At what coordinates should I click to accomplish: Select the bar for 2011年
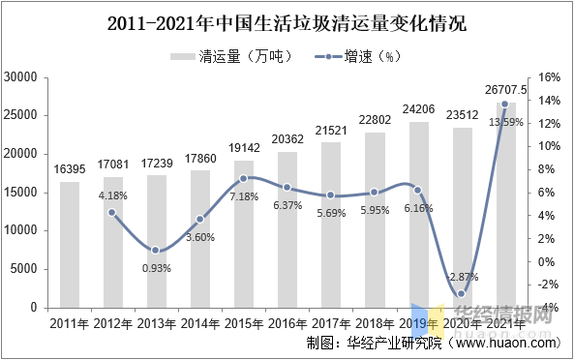click(x=70, y=244)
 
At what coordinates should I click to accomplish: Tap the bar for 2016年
click(x=287, y=229)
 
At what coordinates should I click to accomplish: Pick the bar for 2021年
click(x=505, y=205)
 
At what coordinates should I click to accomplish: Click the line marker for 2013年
click(x=155, y=251)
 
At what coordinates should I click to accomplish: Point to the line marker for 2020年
click(x=462, y=294)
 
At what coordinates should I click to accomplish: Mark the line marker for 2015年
click(x=244, y=178)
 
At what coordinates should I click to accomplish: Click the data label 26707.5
click(x=505, y=90)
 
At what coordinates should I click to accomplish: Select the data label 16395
click(x=70, y=169)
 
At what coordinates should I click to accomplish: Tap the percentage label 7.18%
click(x=244, y=196)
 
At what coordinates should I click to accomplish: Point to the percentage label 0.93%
click(x=155, y=268)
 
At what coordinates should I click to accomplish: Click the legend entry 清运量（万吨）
click(x=231, y=56)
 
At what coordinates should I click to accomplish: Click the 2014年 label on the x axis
click(x=200, y=322)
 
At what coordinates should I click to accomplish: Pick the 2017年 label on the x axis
click(x=331, y=322)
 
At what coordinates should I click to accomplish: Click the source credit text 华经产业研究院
click(x=387, y=343)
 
